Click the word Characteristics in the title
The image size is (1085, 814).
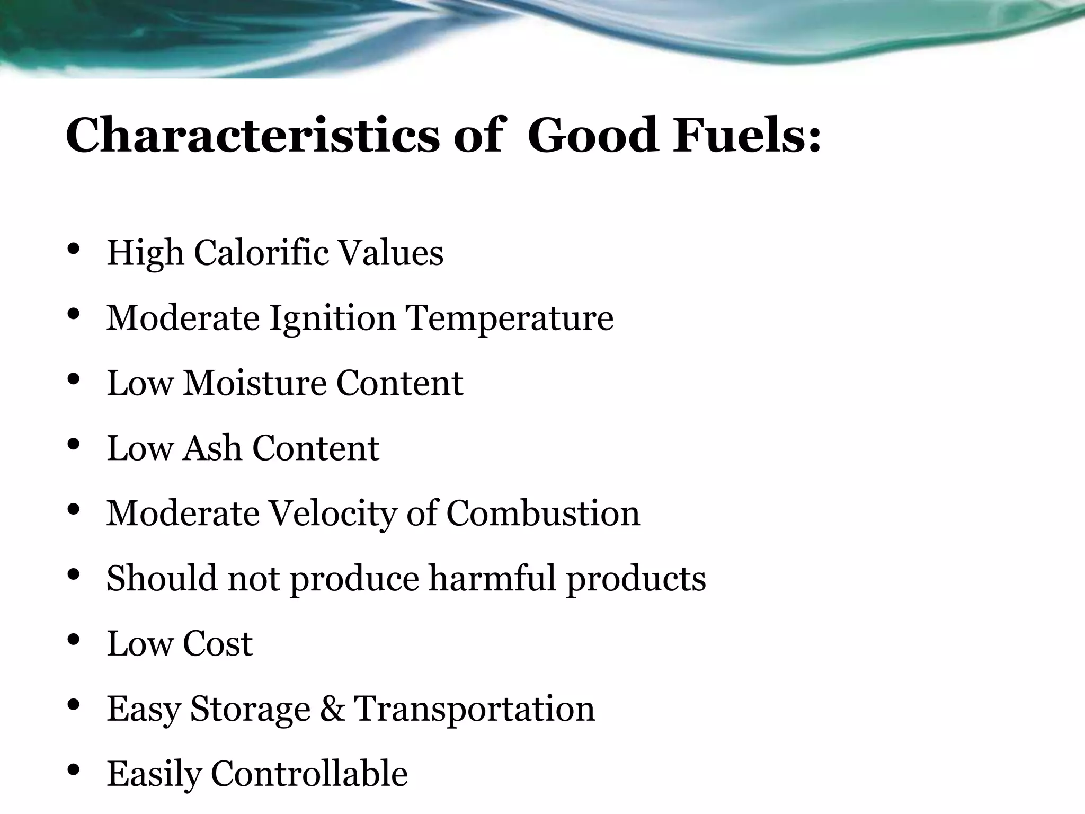pos(252,136)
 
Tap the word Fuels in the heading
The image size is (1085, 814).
pos(739,136)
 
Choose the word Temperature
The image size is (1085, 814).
pos(509,318)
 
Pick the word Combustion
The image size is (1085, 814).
pos(543,513)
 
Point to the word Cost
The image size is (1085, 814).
pos(217,644)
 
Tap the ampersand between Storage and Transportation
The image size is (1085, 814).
pos(332,709)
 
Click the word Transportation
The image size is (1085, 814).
pos(474,709)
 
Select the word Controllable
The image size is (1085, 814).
pos(309,774)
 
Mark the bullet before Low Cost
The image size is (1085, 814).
pos(74,640)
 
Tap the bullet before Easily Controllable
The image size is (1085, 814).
pos(74,770)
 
